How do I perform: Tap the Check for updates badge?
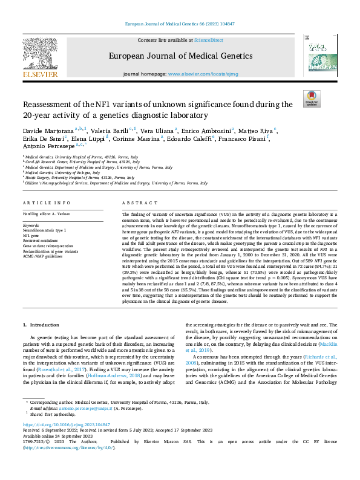pyautogui.click(x=312, y=99)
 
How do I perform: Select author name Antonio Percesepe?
pyautogui.click(x=46, y=146)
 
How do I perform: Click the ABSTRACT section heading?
pyautogui.click(x=134, y=204)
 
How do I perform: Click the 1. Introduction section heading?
pyautogui.click(x=42, y=325)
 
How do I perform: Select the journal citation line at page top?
pyautogui.click(x=179, y=24)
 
